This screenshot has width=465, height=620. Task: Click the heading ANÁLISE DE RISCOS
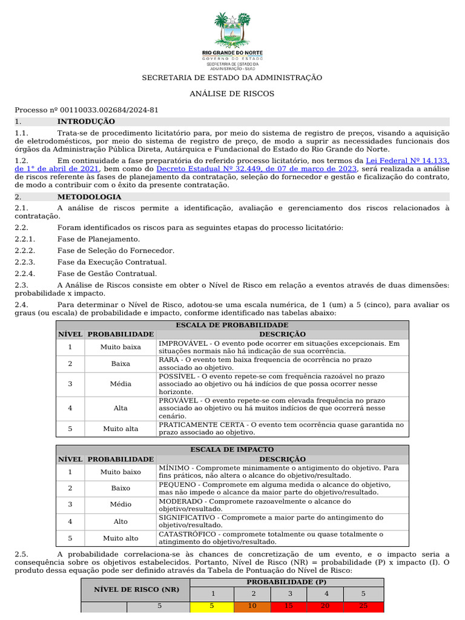(x=232, y=94)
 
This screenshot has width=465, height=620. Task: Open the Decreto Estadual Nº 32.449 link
(x=257, y=169)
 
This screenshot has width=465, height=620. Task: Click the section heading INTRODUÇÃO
(x=82, y=122)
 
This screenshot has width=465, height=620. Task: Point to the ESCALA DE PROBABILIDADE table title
(x=232, y=325)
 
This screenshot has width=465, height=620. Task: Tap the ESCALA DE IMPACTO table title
(x=232, y=450)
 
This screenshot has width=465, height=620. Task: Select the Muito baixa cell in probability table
(x=120, y=347)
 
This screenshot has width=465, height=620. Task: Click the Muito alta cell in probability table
(x=120, y=429)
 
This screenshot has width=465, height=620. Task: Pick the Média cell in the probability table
(x=120, y=384)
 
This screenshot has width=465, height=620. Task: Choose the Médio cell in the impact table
(x=120, y=504)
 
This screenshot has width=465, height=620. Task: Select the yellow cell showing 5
(x=212, y=605)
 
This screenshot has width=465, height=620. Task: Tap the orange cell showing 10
(x=253, y=605)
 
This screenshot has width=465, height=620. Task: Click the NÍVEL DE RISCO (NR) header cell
(x=135, y=589)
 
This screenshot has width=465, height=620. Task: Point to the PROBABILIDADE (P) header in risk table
(x=287, y=582)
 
